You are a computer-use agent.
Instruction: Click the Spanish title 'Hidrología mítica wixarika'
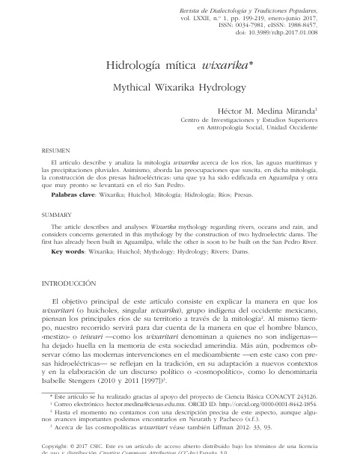click(x=180, y=66)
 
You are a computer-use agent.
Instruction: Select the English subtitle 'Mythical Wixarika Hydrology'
click(x=179, y=88)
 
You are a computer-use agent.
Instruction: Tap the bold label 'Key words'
click(x=67, y=251)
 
